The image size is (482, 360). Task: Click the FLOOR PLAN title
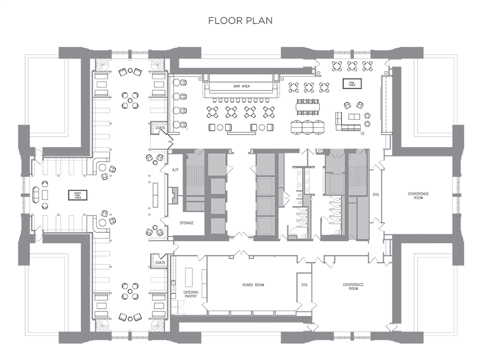tap(240, 20)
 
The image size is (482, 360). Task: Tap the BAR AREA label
tap(242, 86)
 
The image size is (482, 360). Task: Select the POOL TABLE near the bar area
tap(352, 84)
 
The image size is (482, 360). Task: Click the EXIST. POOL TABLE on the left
tap(78, 195)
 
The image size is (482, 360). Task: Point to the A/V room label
tap(176, 170)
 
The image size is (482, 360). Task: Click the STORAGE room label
tap(187, 223)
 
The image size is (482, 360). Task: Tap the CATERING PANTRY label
tap(191, 294)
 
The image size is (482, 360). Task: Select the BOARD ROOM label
tap(253, 285)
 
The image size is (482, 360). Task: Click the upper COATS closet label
tap(160, 128)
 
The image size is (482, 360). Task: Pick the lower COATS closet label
tap(160, 263)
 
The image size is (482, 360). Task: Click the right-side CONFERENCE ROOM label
tap(418, 196)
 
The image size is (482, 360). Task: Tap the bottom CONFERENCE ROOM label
tap(353, 286)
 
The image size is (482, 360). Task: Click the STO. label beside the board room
tap(304, 285)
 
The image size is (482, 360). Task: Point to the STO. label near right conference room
tap(376, 195)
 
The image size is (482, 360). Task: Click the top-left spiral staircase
tap(102, 65)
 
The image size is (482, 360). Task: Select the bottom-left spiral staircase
tap(102, 325)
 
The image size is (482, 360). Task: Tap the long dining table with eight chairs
tap(307, 107)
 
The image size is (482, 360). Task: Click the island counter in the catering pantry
tap(188, 277)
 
